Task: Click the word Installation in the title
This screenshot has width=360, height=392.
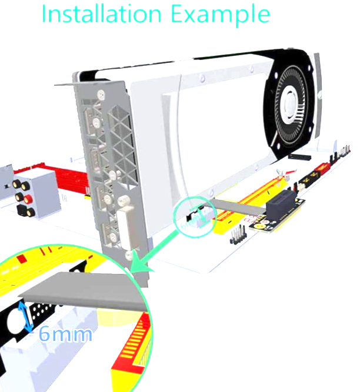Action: tap(101, 14)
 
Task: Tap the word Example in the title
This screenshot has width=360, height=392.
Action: tap(220, 15)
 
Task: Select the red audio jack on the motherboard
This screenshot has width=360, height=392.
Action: tap(28, 199)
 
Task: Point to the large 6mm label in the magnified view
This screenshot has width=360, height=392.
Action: tap(65, 334)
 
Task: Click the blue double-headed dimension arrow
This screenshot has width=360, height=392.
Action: tap(26, 317)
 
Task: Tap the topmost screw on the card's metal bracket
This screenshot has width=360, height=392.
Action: tap(101, 94)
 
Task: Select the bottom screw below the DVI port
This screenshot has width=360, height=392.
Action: tap(129, 255)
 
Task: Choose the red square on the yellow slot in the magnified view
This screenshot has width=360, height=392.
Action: tap(22, 258)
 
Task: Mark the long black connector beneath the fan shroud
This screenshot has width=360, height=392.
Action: tap(300, 157)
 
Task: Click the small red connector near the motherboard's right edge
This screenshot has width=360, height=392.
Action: tap(322, 168)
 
